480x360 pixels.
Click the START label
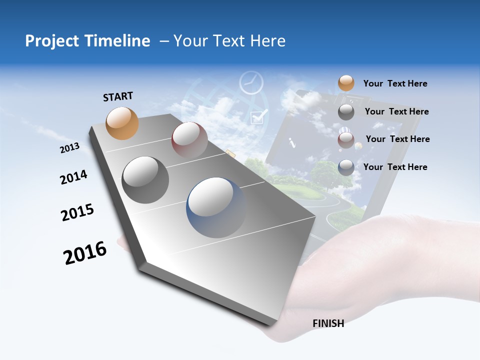[x=118, y=96]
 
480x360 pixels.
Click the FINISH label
[x=328, y=323]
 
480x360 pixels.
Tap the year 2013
[x=69, y=148]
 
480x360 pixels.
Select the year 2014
[x=73, y=177]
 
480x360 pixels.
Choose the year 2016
[x=85, y=252]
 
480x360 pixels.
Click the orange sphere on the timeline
[x=122, y=123]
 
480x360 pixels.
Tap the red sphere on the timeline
[x=189, y=140]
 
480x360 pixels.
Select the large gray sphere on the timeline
[x=145, y=180]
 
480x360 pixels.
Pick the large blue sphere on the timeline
[x=216, y=207]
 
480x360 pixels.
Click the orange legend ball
[x=346, y=83]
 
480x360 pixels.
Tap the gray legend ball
[x=346, y=112]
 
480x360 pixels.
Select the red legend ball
[x=346, y=140]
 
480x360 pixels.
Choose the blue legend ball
[x=346, y=167]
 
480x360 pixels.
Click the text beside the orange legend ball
[x=395, y=83]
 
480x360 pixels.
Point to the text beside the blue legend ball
[x=395, y=167]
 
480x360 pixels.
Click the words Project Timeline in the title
[x=87, y=41]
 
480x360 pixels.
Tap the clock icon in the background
[x=251, y=82]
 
